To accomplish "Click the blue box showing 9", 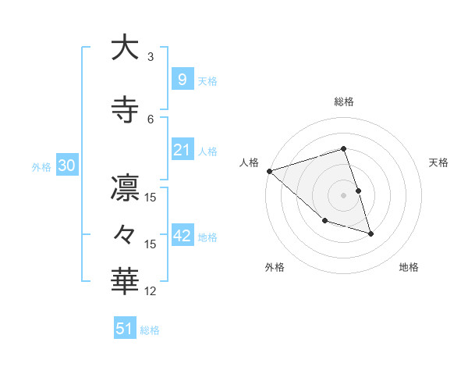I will coord(181,80).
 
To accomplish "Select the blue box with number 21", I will coord(183,151).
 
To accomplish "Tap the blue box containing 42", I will coord(183,237).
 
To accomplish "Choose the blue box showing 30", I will coord(66,166).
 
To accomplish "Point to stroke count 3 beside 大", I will coord(151,57).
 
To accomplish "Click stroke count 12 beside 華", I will coord(151,291).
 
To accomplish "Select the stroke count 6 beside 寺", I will coord(151,119).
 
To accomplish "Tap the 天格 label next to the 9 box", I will coord(207,80).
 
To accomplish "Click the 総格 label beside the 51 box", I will coord(150,330).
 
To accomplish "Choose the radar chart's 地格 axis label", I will coord(409,267).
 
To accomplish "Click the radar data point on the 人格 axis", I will coord(269,171).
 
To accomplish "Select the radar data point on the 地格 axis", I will coord(370,233).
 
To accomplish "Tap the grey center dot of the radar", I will coord(343,195).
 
